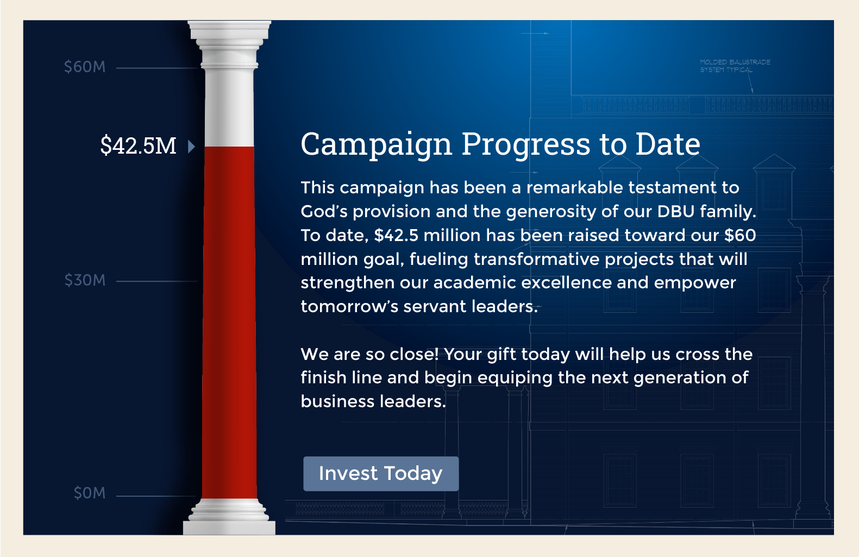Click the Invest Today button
pos(381,473)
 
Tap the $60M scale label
pos(84,67)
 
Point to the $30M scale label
pos(85,280)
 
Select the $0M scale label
pos(89,493)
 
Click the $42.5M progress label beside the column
pos(139,145)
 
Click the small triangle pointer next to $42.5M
pos(191,147)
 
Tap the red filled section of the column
pos(229,322)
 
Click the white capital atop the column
pos(229,45)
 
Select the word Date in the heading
pos(668,144)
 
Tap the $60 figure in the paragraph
pos(740,235)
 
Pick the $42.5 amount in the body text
pos(396,235)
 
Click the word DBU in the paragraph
pos(676,212)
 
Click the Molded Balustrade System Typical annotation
pos(735,66)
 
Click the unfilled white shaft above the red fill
pos(229,108)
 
